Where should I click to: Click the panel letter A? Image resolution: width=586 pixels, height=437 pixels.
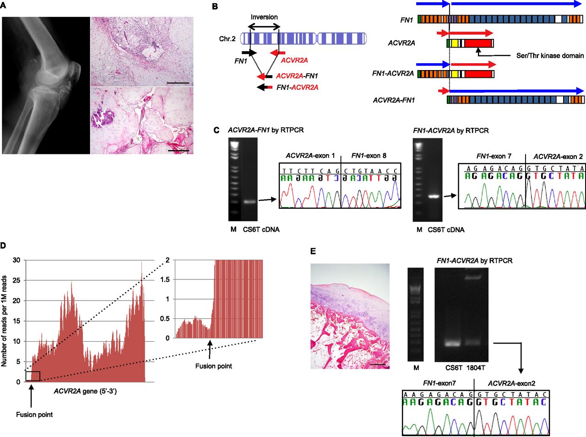(x=3, y=5)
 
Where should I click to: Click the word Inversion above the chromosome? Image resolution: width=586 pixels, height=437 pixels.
(x=264, y=17)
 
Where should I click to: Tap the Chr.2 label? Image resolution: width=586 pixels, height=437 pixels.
(x=227, y=39)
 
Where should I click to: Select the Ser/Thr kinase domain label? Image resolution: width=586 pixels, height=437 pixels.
(x=550, y=55)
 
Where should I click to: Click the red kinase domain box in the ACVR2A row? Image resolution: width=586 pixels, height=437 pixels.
(x=478, y=43)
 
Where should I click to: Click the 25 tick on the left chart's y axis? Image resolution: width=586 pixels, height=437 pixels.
(x=16, y=280)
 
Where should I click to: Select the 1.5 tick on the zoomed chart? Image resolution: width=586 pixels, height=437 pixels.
(x=165, y=280)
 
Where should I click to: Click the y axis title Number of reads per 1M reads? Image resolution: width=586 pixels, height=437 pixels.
(x=4, y=321)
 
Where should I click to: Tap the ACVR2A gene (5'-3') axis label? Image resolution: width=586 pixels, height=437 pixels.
(x=86, y=391)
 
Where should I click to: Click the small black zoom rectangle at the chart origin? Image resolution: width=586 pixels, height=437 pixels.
(x=33, y=376)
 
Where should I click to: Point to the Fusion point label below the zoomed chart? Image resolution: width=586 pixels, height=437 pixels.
(x=214, y=366)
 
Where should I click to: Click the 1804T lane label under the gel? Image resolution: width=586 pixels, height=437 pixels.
(x=476, y=368)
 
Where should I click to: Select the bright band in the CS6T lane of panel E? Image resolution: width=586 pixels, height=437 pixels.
(x=453, y=344)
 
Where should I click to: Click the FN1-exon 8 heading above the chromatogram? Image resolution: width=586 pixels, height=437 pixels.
(x=369, y=156)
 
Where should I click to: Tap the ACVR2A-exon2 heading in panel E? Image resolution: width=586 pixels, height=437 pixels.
(x=511, y=383)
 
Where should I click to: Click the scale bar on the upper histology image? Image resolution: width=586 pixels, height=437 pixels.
(x=178, y=83)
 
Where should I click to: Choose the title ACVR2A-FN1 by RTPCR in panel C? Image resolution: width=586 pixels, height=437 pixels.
(x=266, y=130)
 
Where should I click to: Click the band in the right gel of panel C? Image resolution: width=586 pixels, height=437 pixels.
(x=434, y=197)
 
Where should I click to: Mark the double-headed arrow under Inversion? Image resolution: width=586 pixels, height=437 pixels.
(x=264, y=27)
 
